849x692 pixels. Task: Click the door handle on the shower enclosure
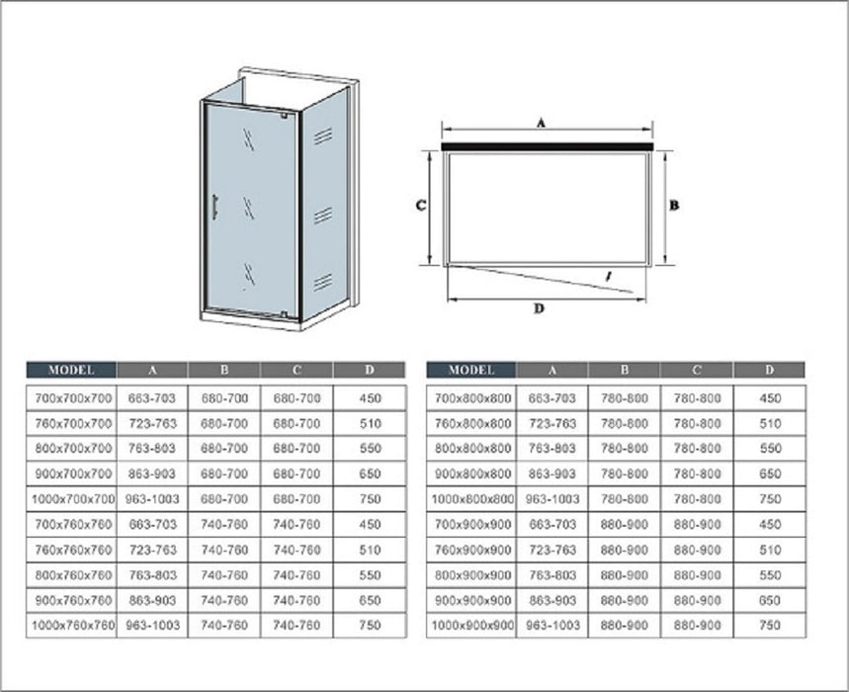pyautogui.click(x=214, y=208)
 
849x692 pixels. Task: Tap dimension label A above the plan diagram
pyautogui.click(x=541, y=124)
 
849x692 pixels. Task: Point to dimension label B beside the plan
pyautogui.click(x=674, y=206)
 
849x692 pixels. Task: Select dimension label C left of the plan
pyautogui.click(x=421, y=206)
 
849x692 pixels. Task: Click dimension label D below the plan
pyautogui.click(x=539, y=308)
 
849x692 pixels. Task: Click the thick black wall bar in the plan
pyautogui.click(x=548, y=146)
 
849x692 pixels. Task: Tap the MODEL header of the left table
pyautogui.click(x=71, y=370)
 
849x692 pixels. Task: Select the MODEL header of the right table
pyautogui.click(x=471, y=370)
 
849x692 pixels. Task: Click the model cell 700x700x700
pyautogui.click(x=74, y=398)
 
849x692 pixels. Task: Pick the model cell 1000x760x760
pyautogui.click(x=73, y=626)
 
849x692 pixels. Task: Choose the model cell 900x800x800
pyautogui.click(x=473, y=474)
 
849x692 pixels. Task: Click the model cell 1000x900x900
pyautogui.click(x=472, y=626)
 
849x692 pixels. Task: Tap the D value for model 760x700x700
pyautogui.click(x=371, y=423)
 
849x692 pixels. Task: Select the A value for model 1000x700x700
pyautogui.click(x=152, y=498)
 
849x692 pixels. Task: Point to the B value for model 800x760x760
pyautogui.click(x=224, y=575)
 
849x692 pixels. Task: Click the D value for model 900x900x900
pyautogui.click(x=770, y=600)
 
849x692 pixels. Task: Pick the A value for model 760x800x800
pyautogui.click(x=552, y=423)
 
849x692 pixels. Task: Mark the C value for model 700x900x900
pyautogui.click(x=698, y=525)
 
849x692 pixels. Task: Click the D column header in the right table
pyautogui.click(x=770, y=370)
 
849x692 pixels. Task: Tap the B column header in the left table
pyautogui.click(x=224, y=370)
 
